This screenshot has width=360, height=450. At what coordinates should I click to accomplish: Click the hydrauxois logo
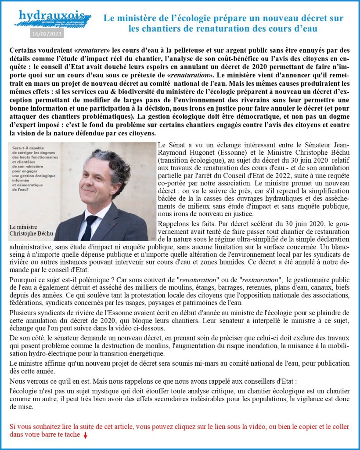tap(53, 18)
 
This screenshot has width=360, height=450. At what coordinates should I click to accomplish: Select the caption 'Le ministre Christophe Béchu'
tap(25, 230)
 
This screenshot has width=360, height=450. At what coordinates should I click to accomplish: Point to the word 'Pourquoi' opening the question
tap(22, 279)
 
